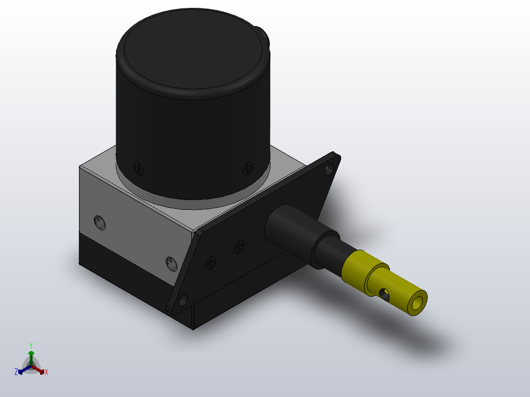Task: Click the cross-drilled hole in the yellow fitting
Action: [x=384, y=294]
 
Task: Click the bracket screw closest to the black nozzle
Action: [x=239, y=246]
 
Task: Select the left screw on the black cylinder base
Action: [x=140, y=169]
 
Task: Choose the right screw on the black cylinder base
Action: [x=247, y=169]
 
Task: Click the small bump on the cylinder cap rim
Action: [x=265, y=37]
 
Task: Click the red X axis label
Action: [x=46, y=372]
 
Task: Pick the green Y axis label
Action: [x=31, y=345]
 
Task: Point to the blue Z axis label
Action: [x=16, y=372]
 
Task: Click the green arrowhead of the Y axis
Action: [x=31, y=353]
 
